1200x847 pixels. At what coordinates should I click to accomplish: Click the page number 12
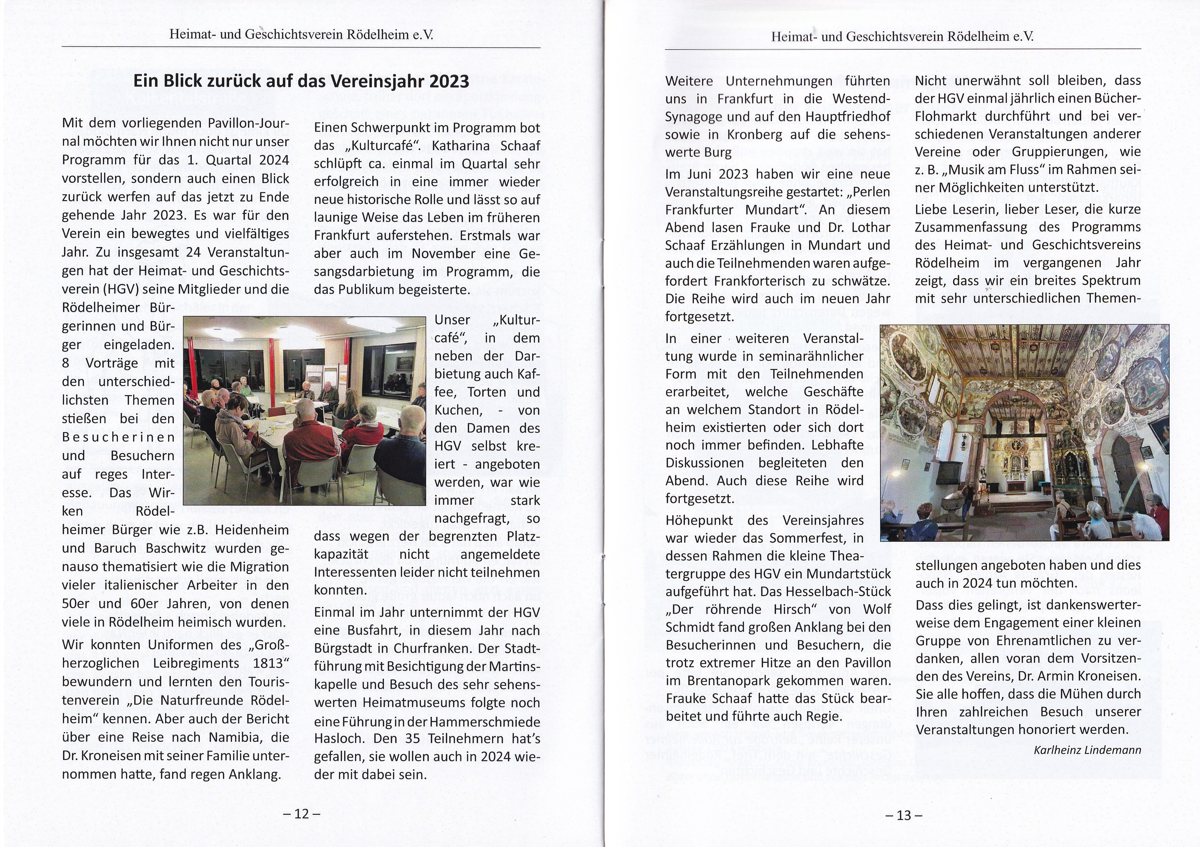pyautogui.click(x=302, y=813)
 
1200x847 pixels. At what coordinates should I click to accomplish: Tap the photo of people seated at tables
pyautogui.click(x=305, y=410)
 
